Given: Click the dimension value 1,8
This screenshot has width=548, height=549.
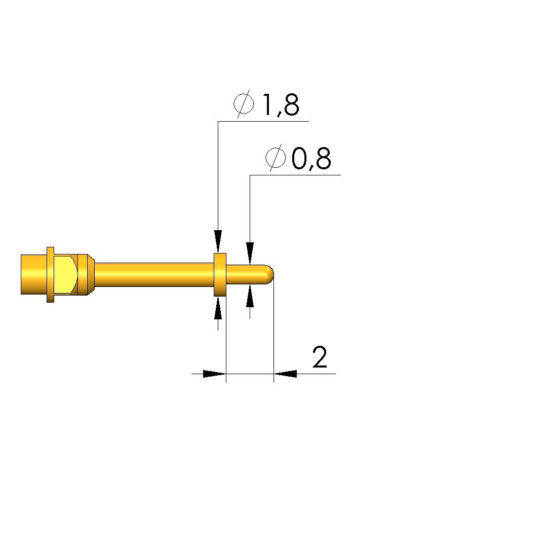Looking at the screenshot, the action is coord(281,104).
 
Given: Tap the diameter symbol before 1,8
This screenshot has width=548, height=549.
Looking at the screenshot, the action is coord(244,103).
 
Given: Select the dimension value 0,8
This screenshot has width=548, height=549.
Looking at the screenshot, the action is coord(311,158).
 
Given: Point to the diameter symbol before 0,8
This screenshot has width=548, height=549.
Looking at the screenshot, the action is coord(275,158).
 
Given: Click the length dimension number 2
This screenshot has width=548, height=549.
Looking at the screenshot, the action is coord(320,357).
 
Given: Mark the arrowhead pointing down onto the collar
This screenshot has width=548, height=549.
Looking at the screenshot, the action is coord(218,241).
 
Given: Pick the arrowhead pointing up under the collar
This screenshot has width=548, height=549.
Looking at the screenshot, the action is coord(218,308).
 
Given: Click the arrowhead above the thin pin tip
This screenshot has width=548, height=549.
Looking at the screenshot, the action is coord(250,253).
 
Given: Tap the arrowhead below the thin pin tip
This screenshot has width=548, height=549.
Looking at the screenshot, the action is coord(250,296).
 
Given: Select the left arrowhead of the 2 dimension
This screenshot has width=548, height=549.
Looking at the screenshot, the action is coord(214,374).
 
